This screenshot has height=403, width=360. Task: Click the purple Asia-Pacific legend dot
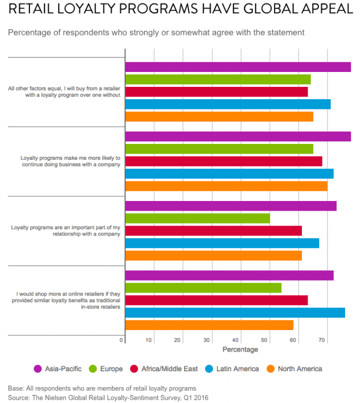38,369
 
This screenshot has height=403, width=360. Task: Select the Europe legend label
112,369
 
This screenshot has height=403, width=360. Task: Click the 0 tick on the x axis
122,340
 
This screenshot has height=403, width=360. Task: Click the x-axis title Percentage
240,350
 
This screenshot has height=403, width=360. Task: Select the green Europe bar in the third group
197,218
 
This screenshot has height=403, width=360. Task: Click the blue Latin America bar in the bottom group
235,313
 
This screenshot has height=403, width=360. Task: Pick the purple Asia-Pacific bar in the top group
238,67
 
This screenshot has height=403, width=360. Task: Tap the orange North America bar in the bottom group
209,325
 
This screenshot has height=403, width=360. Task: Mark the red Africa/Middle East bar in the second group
224,161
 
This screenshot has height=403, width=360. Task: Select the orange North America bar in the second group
226,186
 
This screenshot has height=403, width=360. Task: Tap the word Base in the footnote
15,388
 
